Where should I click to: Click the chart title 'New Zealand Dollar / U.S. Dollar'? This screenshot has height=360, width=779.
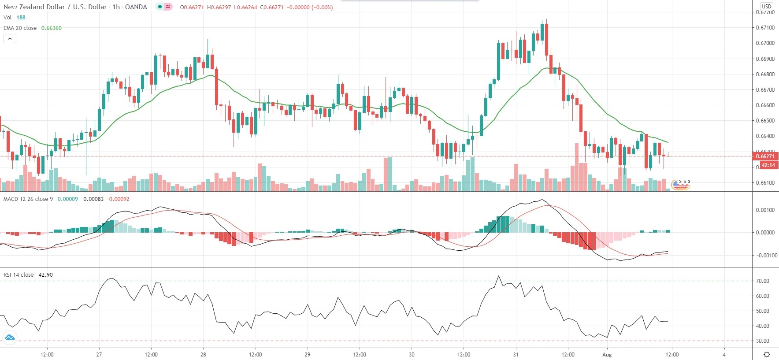coord(55,7)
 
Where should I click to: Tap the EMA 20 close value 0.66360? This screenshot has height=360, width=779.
coord(52,28)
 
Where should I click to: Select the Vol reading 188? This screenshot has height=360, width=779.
coord(21,18)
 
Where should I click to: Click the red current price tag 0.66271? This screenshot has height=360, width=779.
coord(765,156)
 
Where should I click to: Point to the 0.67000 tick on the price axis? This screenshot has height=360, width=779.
coord(765,43)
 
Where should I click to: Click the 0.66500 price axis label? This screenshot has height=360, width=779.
coord(765,121)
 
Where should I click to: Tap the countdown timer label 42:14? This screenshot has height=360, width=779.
coord(768,165)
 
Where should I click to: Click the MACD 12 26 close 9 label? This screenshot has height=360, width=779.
coord(28,199)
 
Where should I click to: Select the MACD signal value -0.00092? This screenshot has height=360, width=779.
coord(119,199)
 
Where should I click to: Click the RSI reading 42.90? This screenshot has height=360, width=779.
coord(45,275)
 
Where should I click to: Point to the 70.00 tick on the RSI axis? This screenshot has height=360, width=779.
coord(762,281)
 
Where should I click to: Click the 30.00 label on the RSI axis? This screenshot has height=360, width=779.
coord(762,341)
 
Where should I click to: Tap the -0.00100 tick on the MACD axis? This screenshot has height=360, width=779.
coord(765,256)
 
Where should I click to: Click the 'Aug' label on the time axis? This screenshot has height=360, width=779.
coord(607,355)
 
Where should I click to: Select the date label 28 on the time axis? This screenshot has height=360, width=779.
coord(203,355)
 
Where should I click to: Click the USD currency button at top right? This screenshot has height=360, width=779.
coord(767,6)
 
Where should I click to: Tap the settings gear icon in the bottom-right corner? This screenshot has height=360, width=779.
coord(767,355)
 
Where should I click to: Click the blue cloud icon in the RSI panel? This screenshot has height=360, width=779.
coord(10,338)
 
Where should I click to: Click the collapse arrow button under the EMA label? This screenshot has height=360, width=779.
coord(10,39)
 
